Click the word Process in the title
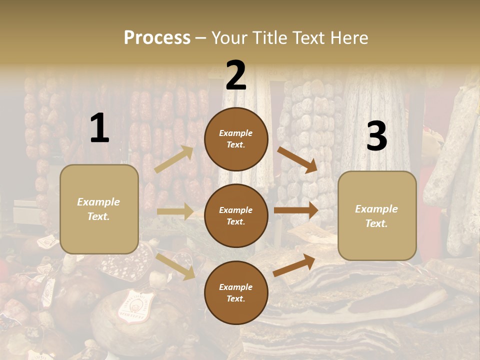pos(157,37)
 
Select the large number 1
pos(99,129)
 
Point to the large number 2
pos(236,75)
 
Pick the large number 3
pos(376,136)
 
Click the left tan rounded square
pos(99,209)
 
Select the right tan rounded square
pos(377,216)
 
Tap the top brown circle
pos(236,139)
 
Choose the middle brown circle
pos(236,215)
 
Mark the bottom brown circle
pos(236,292)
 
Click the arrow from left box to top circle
pos(174,159)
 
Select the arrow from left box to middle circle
pos(175,211)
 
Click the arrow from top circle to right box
pos(297,159)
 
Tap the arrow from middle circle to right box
pos(296,210)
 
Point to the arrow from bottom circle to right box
pos(294,265)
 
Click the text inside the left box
pos(99,209)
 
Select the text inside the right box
pos(377,216)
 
